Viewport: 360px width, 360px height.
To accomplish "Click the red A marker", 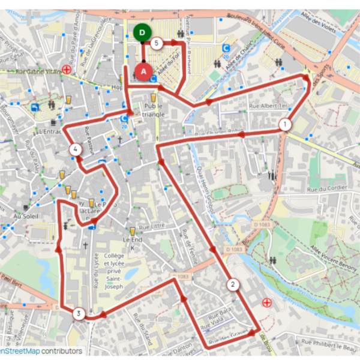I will [143, 71].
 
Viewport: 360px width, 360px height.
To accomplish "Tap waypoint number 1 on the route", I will [284, 124].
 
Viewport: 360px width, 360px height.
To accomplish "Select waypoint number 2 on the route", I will [232, 284].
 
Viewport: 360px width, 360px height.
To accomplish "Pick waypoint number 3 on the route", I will [78, 313].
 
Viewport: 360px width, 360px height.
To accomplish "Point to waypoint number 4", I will [76, 149].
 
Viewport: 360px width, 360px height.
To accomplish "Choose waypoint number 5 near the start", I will [157, 43].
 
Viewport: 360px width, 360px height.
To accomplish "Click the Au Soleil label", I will [25, 215].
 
